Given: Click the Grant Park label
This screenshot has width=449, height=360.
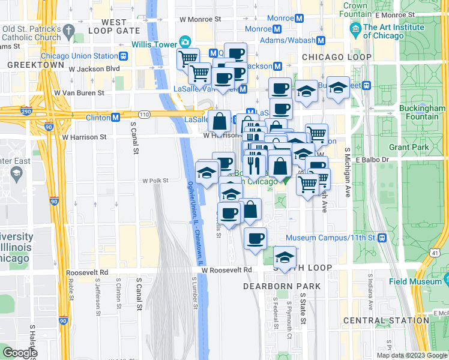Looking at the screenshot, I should pos(409,146).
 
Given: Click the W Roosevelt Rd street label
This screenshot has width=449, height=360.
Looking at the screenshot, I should pos(226,271).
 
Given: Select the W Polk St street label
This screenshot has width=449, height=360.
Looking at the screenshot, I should pos(155,180).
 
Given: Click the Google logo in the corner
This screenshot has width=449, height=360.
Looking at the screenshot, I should pos(20,353).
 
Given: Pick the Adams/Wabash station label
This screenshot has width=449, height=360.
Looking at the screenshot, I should pos(288,40).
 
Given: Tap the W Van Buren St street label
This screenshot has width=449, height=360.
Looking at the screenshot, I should pos(79,93).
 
